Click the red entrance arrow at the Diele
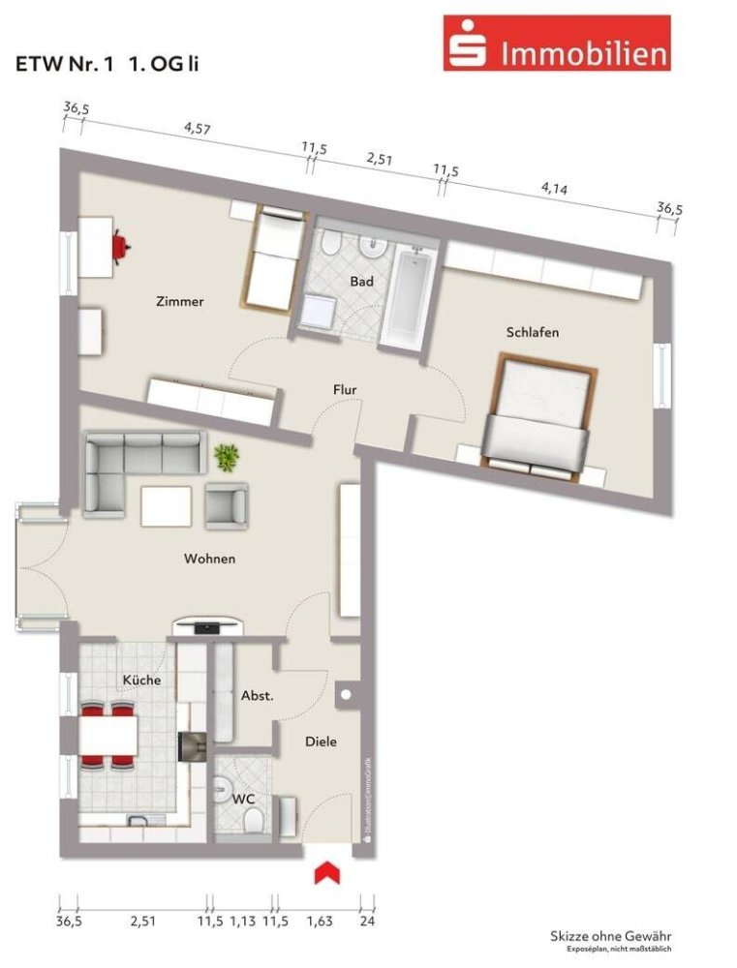coord(326,872)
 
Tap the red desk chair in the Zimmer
coord(121,246)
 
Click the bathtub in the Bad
coord(409,297)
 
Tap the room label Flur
coord(346,390)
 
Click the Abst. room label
coord(258,695)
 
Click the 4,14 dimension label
coord(554,188)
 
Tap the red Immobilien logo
coord(557,44)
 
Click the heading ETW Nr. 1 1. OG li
coord(107,65)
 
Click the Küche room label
coord(141,681)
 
